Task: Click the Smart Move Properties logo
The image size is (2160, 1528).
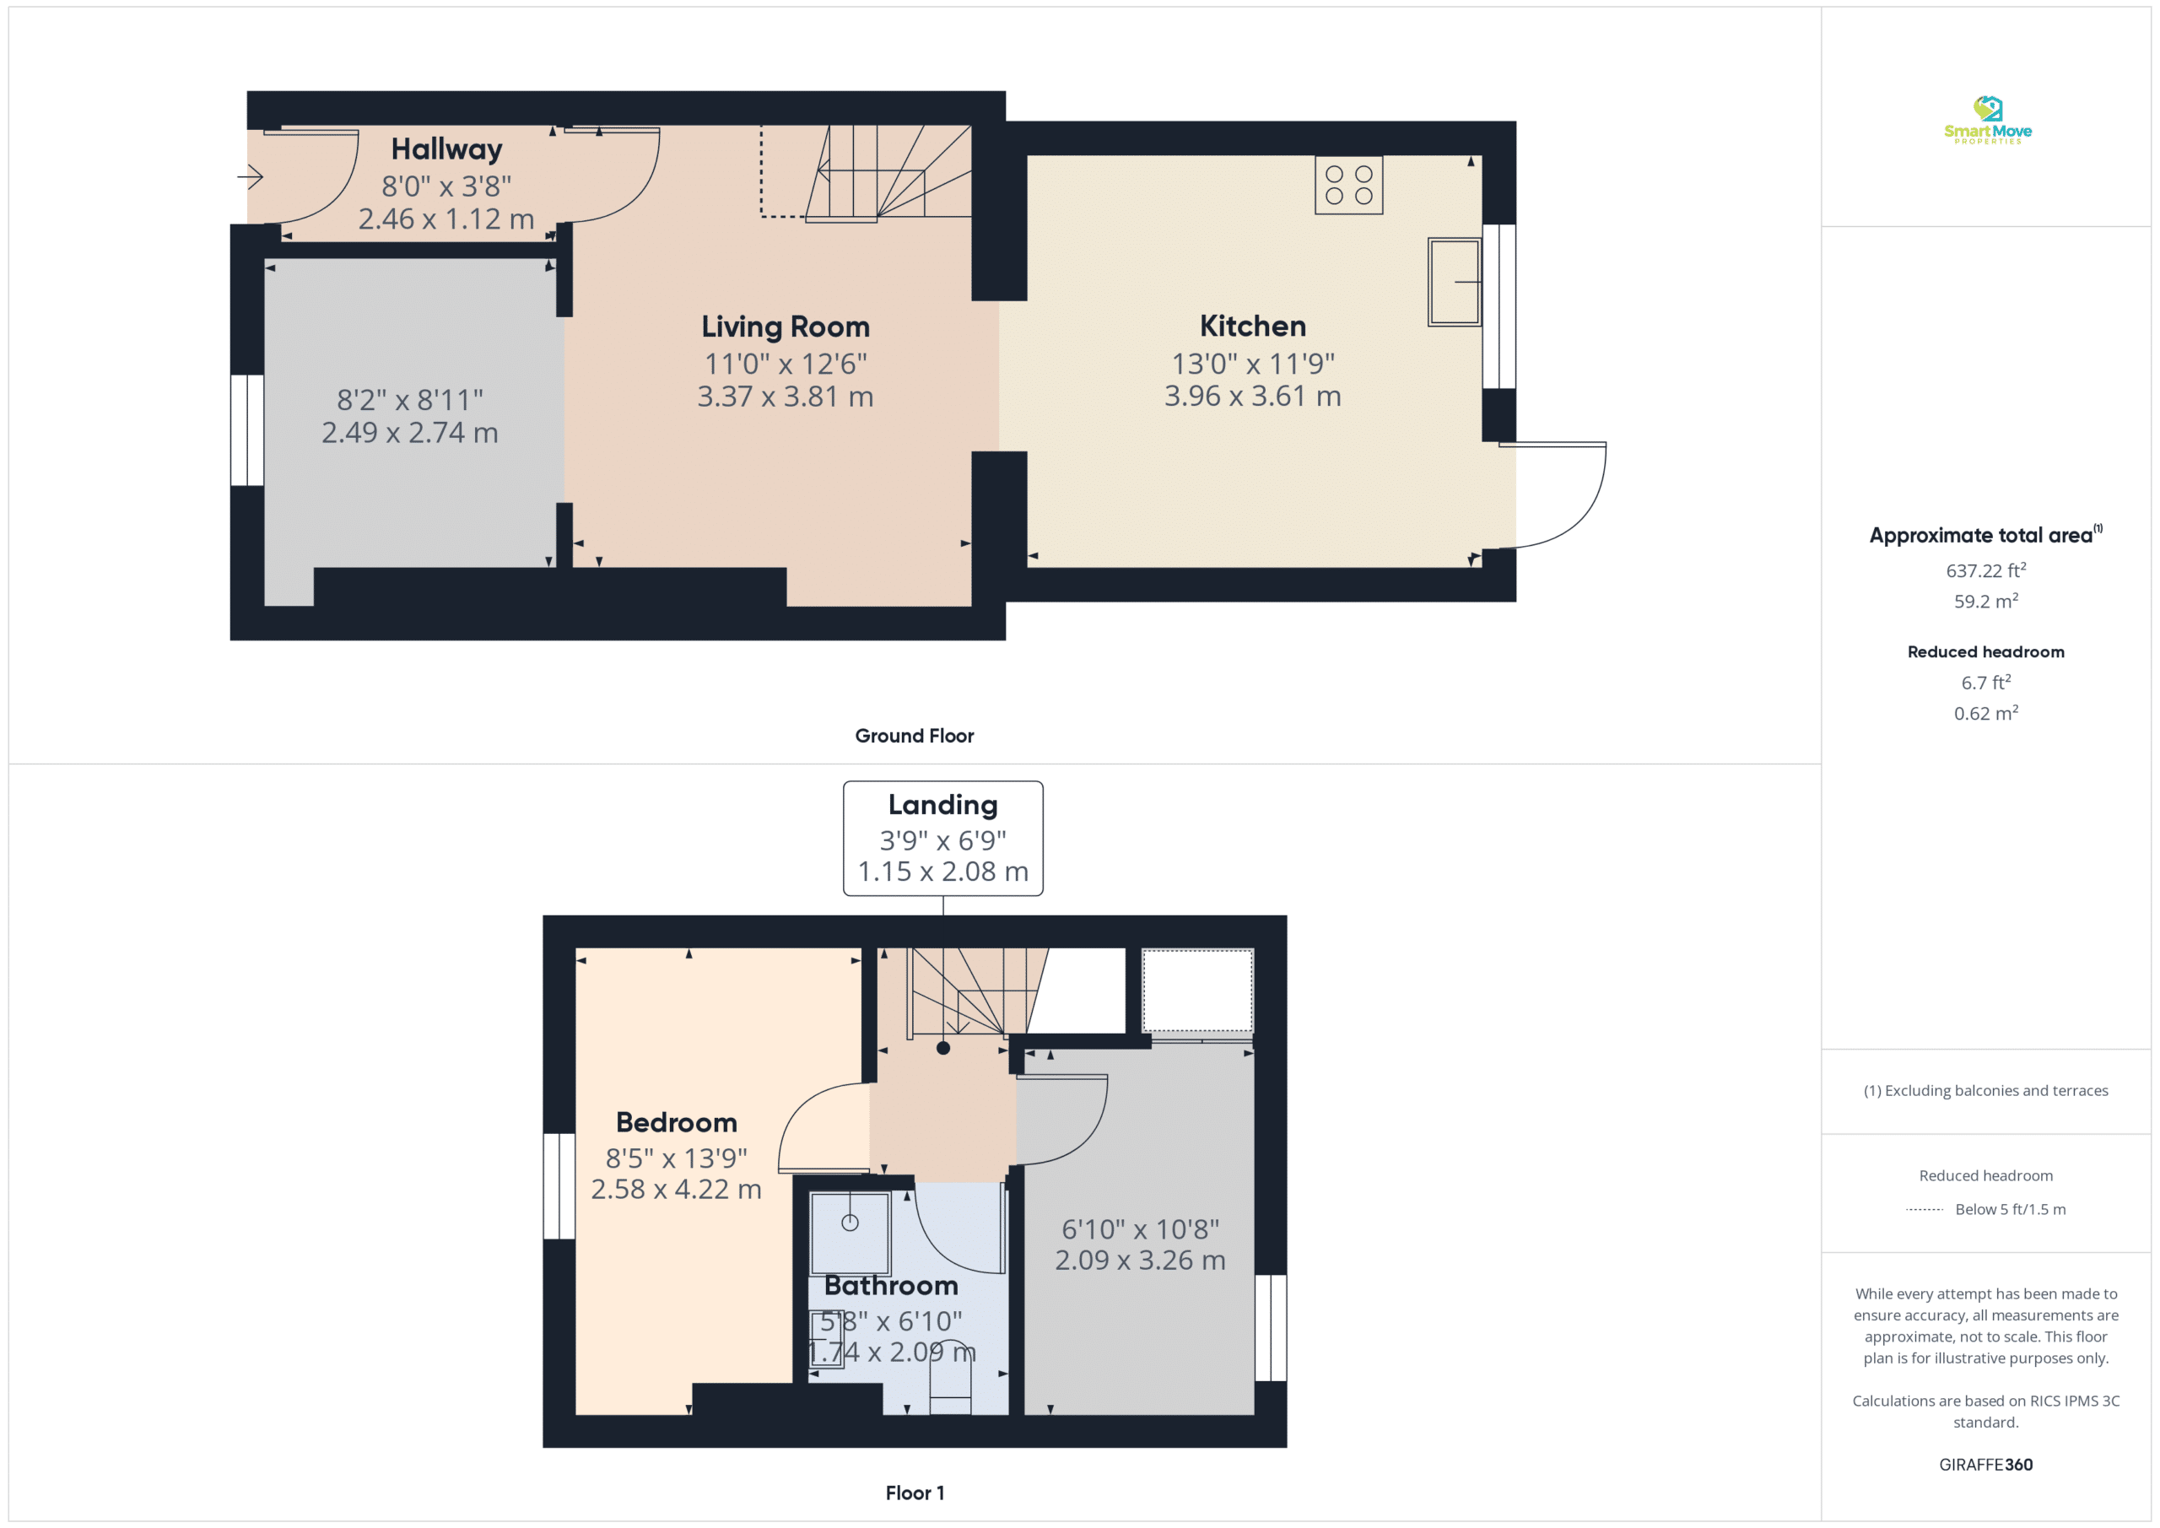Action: [x=1987, y=120]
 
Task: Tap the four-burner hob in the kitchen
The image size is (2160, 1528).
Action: [x=1349, y=186]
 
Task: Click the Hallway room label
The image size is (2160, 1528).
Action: [x=447, y=148]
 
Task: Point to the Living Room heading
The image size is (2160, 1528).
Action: [x=786, y=327]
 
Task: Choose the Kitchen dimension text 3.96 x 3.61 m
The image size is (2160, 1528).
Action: [x=1253, y=396]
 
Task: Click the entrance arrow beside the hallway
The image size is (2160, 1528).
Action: [x=251, y=176]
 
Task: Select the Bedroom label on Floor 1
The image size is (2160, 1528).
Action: [x=677, y=1122]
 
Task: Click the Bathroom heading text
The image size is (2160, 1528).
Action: [x=891, y=1285]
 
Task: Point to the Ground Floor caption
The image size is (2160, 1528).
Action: [x=915, y=736]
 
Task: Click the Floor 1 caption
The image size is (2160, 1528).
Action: [x=915, y=1493]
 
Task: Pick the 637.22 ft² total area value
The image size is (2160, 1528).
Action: [x=1986, y=570]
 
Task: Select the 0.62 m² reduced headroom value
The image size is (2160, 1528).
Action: [x=1986, y=713]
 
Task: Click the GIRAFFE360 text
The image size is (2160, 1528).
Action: [x=1986, y=1465]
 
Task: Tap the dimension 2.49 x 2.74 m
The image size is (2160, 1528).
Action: [x=410, y=433]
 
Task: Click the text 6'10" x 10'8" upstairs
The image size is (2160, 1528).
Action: [x=1140, y=1228]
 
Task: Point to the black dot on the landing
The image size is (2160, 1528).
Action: [x=942, y=1048]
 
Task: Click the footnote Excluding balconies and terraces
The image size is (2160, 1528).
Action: [x=1986, y=1090]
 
